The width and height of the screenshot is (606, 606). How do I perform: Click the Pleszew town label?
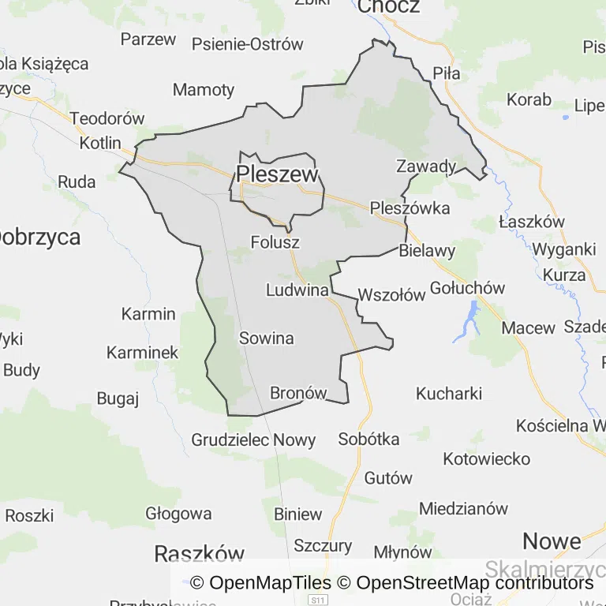[x=277, y=174]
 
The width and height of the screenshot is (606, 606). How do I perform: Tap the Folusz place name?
[x=275, y=241]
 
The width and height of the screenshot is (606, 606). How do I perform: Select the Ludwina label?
[x=297, y=290]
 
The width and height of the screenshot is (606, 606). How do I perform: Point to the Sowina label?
[x=266, y=339]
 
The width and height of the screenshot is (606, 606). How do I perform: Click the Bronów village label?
[x=298, y=393]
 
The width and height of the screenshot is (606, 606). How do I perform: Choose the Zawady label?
[x=426, y=166]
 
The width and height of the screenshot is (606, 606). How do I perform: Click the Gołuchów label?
[x=468, y=288]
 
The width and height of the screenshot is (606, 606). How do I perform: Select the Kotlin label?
[x=100, y=144]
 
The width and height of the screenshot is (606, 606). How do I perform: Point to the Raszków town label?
[x=200, y=552]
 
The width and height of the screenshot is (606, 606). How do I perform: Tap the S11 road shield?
[x=318, y=600]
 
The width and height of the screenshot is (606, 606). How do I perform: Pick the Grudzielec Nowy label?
[x=253, y=440]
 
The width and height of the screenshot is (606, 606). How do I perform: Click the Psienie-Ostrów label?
[x=247, y=44]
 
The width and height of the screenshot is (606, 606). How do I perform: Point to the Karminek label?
[x=143, y=353]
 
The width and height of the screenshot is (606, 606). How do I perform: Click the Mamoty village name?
[x=204, y=89]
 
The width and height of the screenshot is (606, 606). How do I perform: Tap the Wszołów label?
[x=391, y=296]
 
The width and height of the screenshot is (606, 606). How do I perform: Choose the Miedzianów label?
[x=464, y=508]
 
